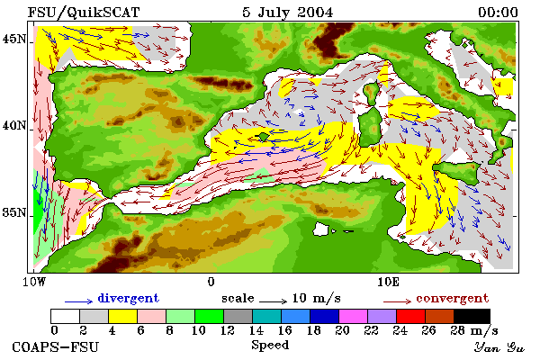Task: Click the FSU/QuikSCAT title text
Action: (84, 13)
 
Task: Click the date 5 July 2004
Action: (288, 13)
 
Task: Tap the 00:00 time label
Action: (498, 13)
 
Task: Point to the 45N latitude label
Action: (14, 39)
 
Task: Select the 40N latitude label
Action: (14, 125)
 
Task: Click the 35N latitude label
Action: (14, 212)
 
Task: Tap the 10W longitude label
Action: (34, 282)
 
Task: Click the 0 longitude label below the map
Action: (211, 282)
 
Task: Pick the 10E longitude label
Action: (389, 282)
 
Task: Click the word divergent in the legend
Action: (128, 298)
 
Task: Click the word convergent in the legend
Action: (452, 298)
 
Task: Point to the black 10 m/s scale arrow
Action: (273, 301)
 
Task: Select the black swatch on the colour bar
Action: (472, 316)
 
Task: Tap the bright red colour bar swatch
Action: (411, 316)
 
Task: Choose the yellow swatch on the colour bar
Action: (123, 316)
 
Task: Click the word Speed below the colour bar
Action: (270, 345)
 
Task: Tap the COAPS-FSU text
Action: (56, 346)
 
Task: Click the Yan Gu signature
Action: (499, 347)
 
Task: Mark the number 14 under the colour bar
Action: (256, 330)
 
